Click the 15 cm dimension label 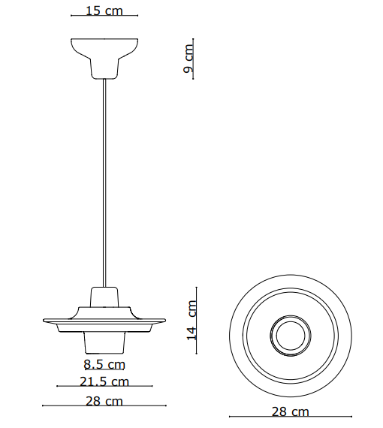104,11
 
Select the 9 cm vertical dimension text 188,59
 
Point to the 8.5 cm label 104,365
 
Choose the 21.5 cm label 104,382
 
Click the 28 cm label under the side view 104,401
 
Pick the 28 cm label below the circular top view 290,411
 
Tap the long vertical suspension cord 104,180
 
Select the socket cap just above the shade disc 104,297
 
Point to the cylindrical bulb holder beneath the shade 104,342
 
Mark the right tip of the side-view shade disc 163,323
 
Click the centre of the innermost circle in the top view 290,335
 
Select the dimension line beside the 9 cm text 195,59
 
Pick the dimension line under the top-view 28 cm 290,417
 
